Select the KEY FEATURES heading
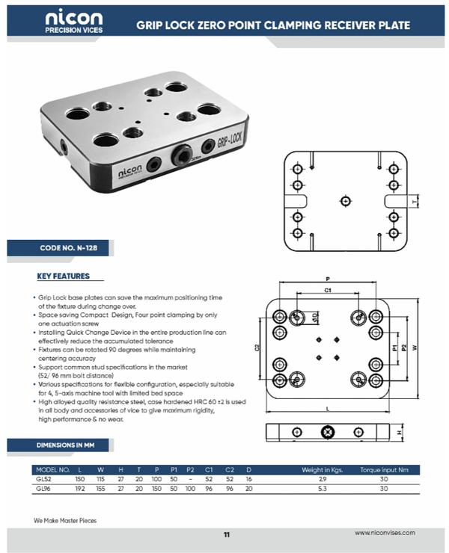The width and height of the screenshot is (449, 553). coord(63,276)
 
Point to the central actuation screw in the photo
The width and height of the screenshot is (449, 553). coord(182,155)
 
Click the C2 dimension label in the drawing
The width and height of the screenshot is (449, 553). coord(257,347)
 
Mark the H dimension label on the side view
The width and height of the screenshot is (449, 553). coord(400,432)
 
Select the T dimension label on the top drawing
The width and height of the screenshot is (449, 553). coord(414,201)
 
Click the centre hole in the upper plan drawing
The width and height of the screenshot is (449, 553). coord(344,200)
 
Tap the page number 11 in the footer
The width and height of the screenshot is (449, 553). coord(226,534)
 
